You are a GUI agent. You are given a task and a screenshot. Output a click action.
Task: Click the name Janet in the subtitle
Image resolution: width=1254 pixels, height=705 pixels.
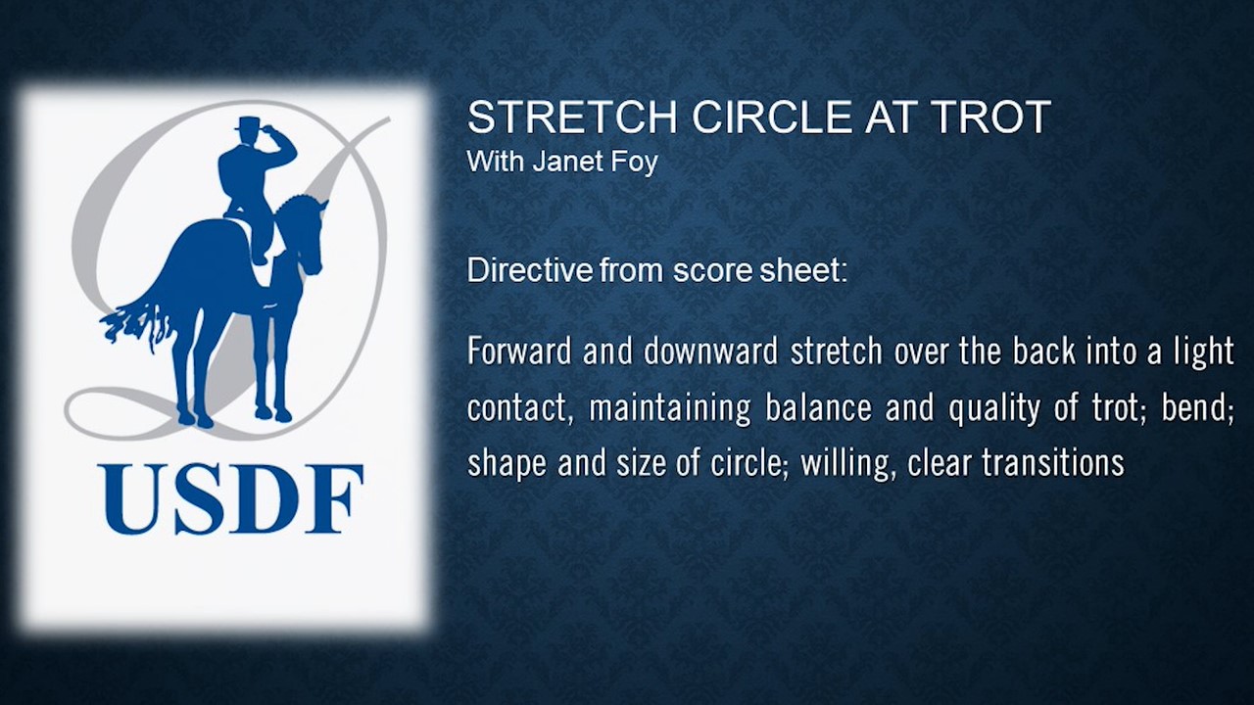[563, 161]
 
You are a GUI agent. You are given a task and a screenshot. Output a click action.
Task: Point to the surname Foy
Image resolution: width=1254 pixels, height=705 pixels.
[635, 162]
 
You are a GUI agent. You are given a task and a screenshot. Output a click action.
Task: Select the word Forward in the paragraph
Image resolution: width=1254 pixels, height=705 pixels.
[519, 352]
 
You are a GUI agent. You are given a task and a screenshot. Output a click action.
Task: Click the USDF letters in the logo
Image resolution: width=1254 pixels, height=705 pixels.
[229, 499]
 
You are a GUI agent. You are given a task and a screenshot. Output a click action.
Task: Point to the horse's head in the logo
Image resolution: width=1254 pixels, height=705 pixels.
[308, 235]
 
